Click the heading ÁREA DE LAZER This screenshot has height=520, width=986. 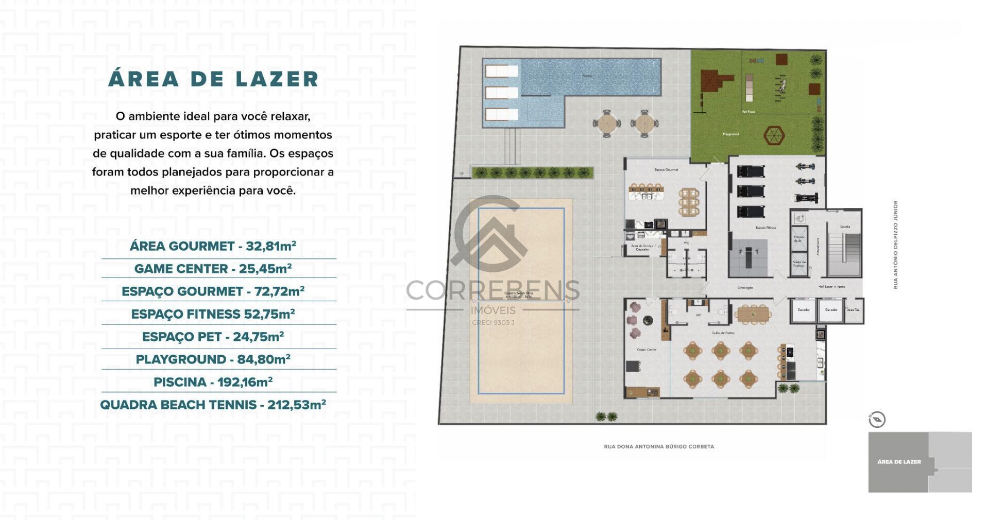(x=213, y=79)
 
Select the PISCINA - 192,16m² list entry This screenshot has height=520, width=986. (x=213, y=382)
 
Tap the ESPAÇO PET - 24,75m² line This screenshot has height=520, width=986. (x=213, y=337)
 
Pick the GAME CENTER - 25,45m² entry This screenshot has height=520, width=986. (x=213, y=269)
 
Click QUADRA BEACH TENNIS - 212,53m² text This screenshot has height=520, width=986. (x=213, y=405)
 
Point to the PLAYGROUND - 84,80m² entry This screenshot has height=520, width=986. (x=213, y=359)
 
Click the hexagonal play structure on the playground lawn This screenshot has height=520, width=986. (x=773, y=136)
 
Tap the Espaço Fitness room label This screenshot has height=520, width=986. (x=766, y=228)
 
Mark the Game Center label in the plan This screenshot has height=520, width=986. (x=647, y=350)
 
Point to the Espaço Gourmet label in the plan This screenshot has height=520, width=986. (x=666, y=170)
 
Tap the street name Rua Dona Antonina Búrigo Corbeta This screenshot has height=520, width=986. (x=659, y=447)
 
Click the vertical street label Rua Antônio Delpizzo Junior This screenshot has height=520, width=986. (x=895, y=245)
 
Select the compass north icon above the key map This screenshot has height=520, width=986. (x=877, y=420)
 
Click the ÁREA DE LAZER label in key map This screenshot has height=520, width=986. (x=899, y=462)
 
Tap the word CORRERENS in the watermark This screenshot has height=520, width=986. (x=493, y=291)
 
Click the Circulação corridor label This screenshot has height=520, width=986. (x=745, y=288)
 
